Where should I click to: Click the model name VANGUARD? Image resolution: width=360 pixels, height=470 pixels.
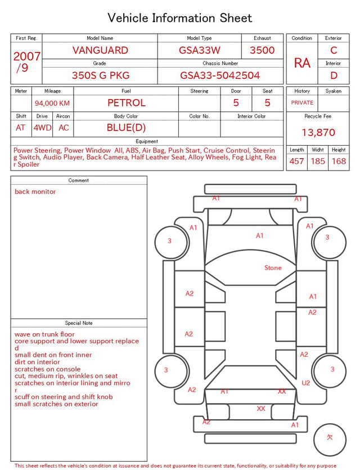pyautogui.click(x=100, y=50)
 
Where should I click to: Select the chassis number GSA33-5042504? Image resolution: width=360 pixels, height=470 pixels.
pyautogui.click(x=220, y=75)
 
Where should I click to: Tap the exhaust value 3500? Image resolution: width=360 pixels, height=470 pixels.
pyautogui.click(x=262, y=50)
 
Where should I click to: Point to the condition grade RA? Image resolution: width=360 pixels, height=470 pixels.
pyautogui.click(x=302, y=63)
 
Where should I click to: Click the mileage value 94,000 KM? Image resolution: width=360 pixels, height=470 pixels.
pyautogui.click(x=52, y=104)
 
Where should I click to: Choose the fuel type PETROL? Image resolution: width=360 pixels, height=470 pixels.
pyautogui.click(x=127, y=103)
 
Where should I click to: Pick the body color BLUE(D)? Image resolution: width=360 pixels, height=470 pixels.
pyautogui.click(x=126, y=128)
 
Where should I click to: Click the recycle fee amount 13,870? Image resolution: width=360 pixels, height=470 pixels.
pyautogui.click(x=318, y=132)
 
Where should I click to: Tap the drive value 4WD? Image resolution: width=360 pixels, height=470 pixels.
pyautogui.click(x=42, y=128)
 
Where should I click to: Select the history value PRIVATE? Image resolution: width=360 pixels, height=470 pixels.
pyautogui.click(x=302, y=103)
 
